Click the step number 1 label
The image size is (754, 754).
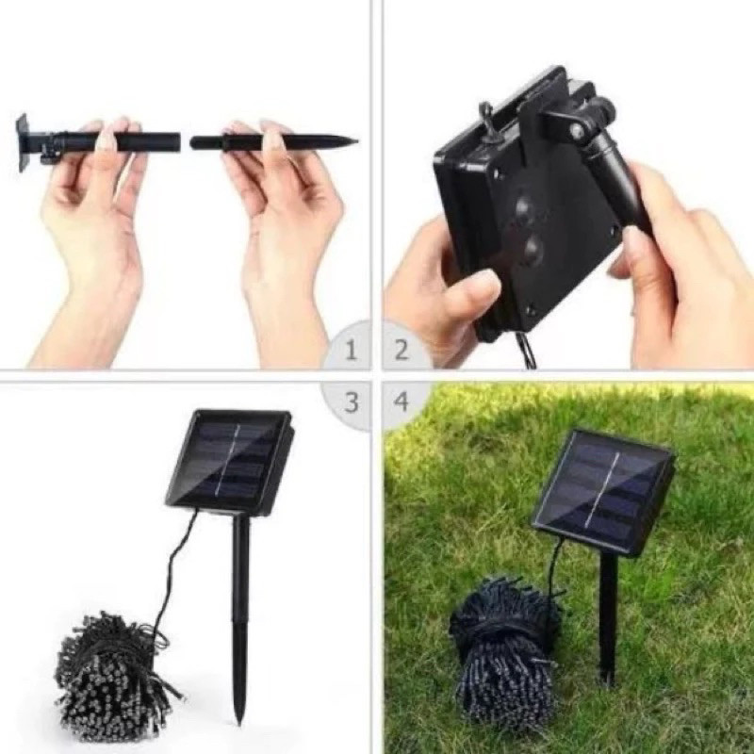[x=352, y=352]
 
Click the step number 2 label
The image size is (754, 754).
[x=402, y=352]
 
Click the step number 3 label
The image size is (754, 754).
[x=352, y=402]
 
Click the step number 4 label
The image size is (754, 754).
[x=402, y=402]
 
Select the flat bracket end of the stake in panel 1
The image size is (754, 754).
[x=22, y=142]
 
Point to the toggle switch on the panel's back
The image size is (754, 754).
[x=487, y=121]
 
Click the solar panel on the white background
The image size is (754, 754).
[x=228, y=461]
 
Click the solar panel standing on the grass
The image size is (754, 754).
[x=603, y=490]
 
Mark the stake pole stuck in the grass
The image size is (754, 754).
[x=608, y=613]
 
